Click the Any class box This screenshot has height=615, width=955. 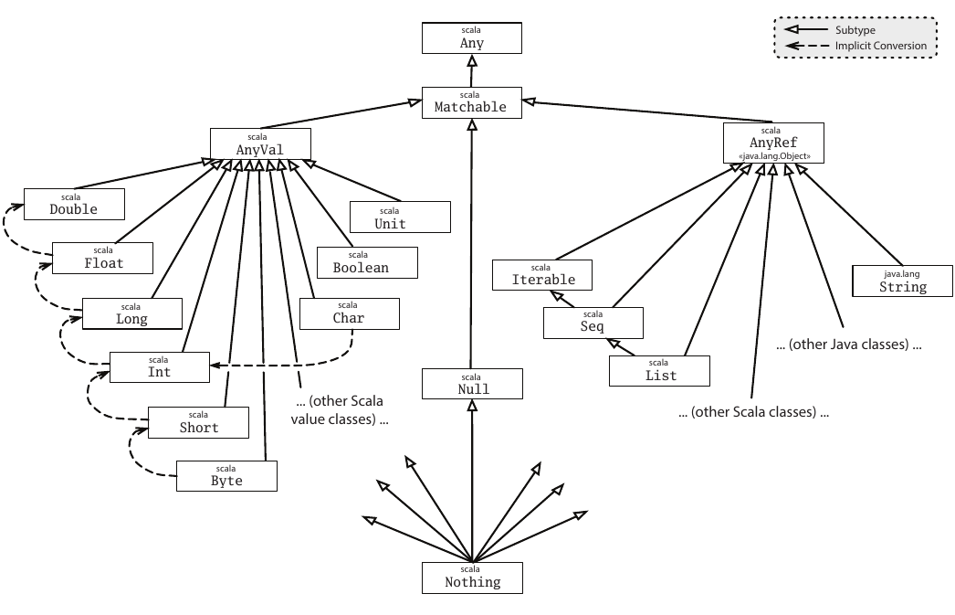coord(471,37)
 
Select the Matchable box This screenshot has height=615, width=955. coord(471,101)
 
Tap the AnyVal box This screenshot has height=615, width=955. coord(260,143)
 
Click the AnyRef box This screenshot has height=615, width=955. coord(773,143)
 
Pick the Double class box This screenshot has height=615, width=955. coord(73,204)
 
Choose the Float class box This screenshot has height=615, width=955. coord(102,258)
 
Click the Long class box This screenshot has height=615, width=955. coord(131,313)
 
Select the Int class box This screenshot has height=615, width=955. coord(159,367)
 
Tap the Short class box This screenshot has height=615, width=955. coord(198,422)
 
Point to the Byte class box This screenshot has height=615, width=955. coord(226,475)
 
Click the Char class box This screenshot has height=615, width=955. coord(349,313)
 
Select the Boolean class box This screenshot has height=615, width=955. coord(367,262)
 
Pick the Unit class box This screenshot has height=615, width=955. coord(401,217)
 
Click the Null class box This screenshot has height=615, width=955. coord(472,384)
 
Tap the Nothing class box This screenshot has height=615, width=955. coord(473,577)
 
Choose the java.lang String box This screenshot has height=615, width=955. coord(902,281)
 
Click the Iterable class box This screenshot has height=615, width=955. coord(542,274)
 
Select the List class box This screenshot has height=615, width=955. coord(659,370)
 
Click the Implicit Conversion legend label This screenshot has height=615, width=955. coord(880,46)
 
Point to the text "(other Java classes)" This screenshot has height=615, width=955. coord(848,345)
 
